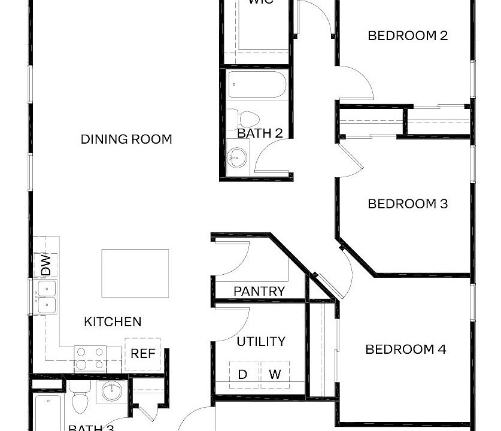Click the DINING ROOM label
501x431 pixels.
[126, 139]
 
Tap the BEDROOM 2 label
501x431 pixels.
[407, 35]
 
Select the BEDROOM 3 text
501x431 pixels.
[407, 204]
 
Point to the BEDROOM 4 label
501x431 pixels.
[406, 349]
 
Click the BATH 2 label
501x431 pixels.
[260, 133]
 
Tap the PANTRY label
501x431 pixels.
[259, 292]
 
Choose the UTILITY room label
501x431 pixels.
[261, 342]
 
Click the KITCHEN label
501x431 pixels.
[113, 322]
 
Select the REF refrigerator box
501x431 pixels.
[143, 354]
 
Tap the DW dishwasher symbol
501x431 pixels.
[46, 265]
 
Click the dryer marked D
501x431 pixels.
[243, 375]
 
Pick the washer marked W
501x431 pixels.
[275, 375]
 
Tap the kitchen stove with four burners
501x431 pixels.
[90, 358]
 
